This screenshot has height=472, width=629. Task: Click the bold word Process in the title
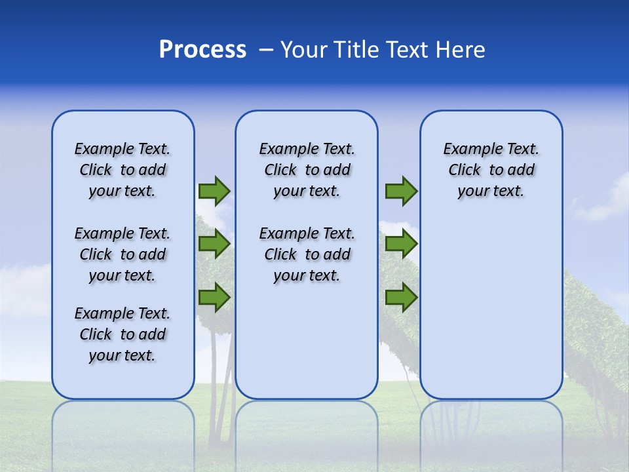coord(202,50)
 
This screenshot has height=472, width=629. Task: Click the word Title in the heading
coord(356,50)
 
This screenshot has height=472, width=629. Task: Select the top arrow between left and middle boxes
coord(214,191)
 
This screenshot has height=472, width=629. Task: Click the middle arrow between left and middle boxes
coord(214,244)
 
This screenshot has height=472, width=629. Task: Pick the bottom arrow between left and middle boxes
coord(214,297)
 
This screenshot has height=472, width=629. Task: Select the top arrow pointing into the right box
coord(401,191)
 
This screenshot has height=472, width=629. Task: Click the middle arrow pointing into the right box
coord(401,244)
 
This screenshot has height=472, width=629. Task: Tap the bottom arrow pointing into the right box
coord(401,297)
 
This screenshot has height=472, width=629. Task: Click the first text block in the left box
coord(123,170)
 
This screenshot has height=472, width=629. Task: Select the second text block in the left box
coord(123,254)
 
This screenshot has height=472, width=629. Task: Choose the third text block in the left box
coord(123,334)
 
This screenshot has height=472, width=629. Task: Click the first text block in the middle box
coord(307,170)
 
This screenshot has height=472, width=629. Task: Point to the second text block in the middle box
coord(307,254)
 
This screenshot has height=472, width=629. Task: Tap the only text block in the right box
coord(491,170)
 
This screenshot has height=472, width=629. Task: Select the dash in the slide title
coord(265,50)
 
